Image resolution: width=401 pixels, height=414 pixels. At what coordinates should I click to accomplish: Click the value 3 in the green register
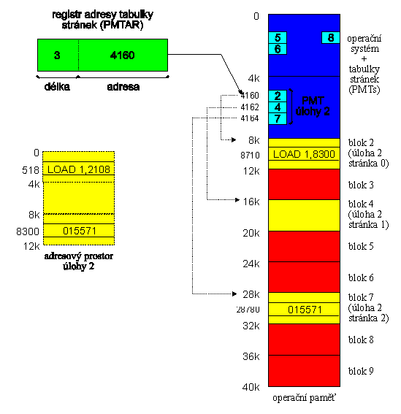[x=57, y=55]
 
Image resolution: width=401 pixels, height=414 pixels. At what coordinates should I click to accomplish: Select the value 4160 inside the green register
[x=122, y=55]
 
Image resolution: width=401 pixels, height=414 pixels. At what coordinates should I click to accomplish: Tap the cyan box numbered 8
[x=331, y=38]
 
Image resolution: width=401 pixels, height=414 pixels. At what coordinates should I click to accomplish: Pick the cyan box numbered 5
[x=278, y=37]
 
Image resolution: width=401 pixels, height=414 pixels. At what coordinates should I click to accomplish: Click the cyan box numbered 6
[x=278, y=49]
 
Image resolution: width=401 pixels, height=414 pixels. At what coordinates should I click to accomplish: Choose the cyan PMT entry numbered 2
[x=278, y=96]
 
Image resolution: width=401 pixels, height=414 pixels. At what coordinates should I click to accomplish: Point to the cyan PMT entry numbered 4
[x=278, y=107]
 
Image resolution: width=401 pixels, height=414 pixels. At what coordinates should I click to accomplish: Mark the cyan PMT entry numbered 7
[x=278, y=118]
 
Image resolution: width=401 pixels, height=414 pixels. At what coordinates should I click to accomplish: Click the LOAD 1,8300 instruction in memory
[x=304, y=154]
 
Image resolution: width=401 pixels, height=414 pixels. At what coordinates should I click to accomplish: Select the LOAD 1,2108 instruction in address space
[x=79, y=169]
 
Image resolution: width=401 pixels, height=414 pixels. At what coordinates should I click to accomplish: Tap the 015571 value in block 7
[x=305, y=310]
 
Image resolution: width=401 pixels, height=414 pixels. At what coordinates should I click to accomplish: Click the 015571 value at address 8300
[x=79, y=231]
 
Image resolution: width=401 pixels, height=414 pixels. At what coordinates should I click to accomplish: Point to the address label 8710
[x=250, y=156]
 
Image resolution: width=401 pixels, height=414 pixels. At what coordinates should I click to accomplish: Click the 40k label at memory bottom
[x=251, y=387]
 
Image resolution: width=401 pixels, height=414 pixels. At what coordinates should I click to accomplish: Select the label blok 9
[x=361, y=371]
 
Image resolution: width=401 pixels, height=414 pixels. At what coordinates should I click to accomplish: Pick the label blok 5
[x=361, y=246]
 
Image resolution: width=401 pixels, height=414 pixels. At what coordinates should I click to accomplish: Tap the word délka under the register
[x=57, y=87]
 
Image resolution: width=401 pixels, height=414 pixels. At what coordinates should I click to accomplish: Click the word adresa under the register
[x=123, y=87]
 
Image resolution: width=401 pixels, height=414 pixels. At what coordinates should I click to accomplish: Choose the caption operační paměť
[x=304, y=398]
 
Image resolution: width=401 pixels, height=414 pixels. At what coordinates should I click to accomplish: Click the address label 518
[x=31, y=170]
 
